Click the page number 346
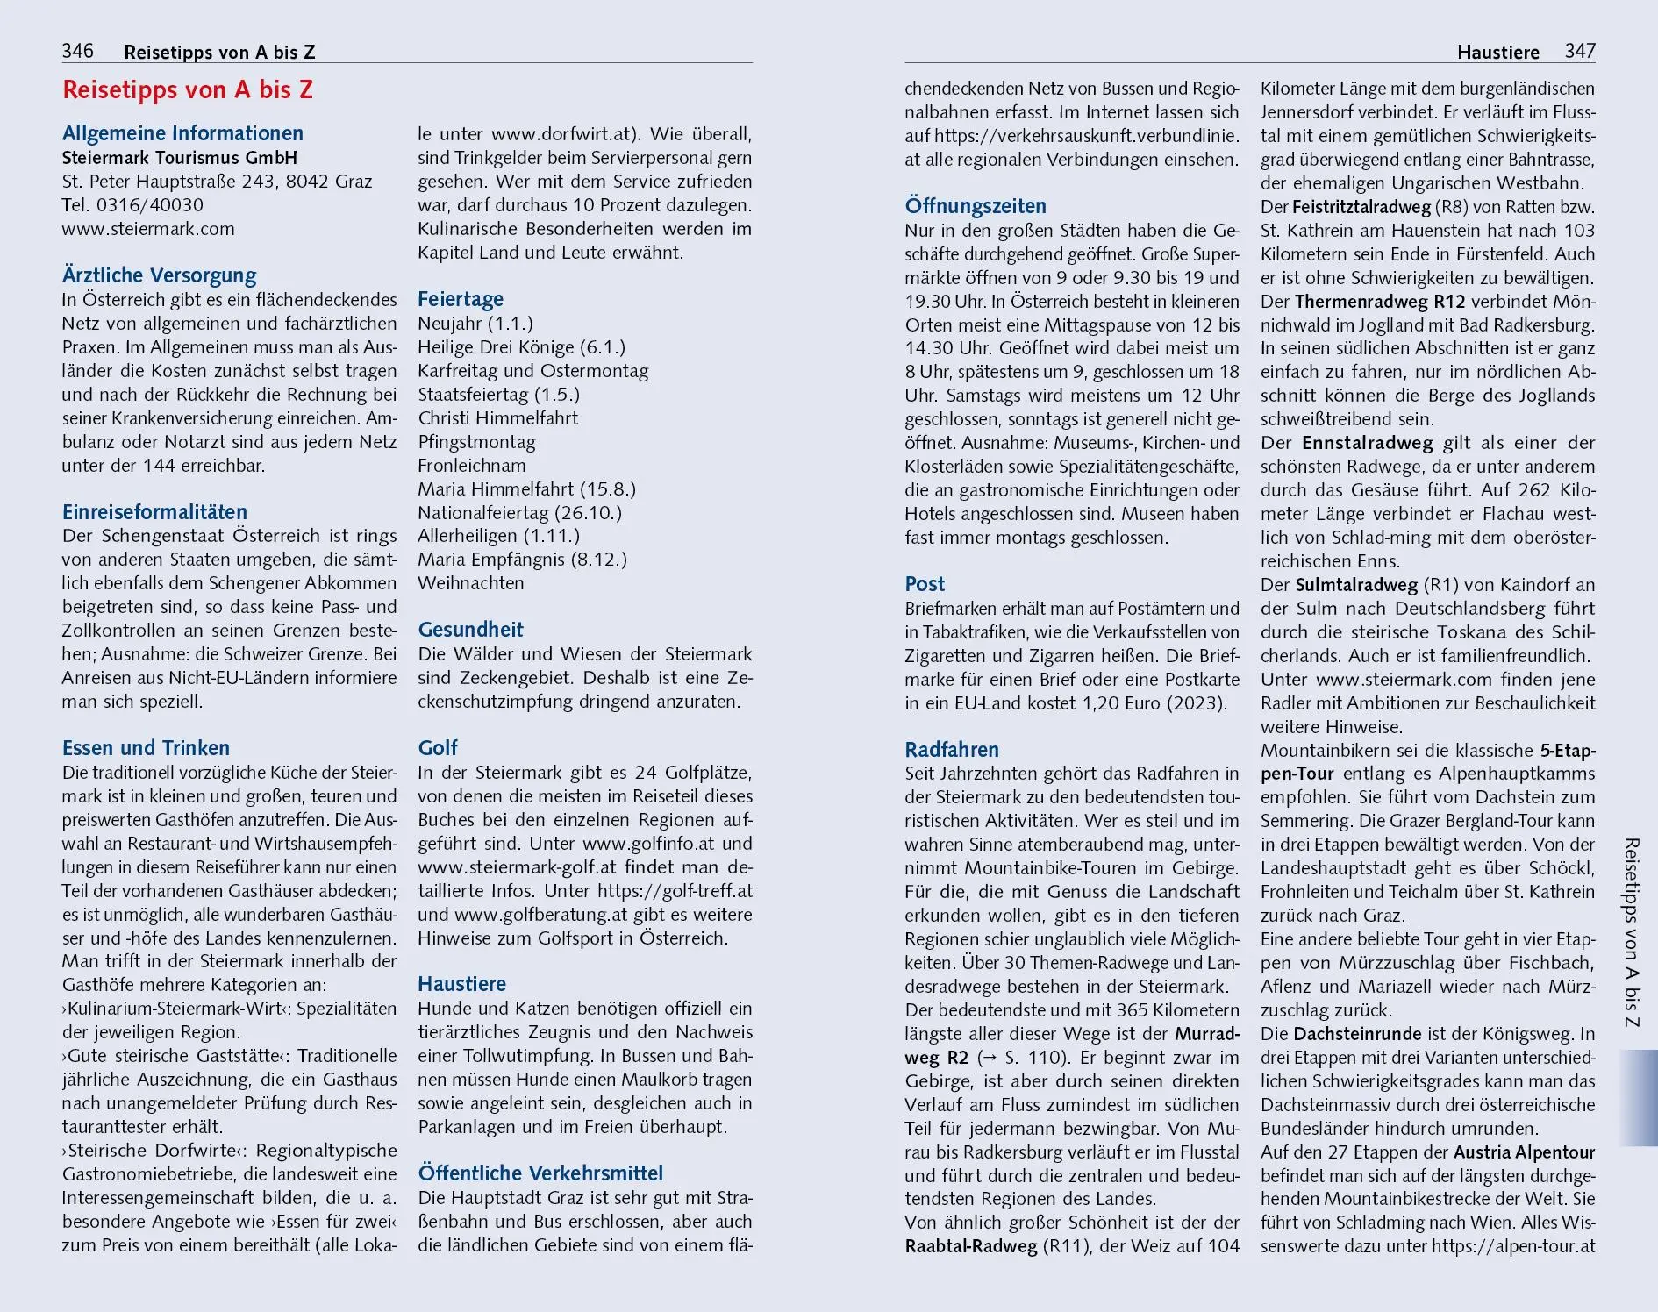pos(77,51)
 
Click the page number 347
pos(1579,51)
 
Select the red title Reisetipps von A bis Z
pos(188,90)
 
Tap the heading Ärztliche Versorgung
pos(160,275)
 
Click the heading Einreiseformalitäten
pos(154,512)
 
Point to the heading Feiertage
pos(461,299)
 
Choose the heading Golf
pos(438,748)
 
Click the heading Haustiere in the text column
pos(461,984)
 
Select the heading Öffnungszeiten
pos(976,206)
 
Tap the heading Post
pos(925,584)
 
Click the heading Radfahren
pos(952,750)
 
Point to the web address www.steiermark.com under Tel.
pos(148,229)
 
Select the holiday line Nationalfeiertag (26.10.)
pos(519,512)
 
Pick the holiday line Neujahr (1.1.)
pos(475,324)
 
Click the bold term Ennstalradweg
pos(1367,443)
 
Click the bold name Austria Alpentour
pos(1524,1152)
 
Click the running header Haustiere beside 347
pos(1497,53)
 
